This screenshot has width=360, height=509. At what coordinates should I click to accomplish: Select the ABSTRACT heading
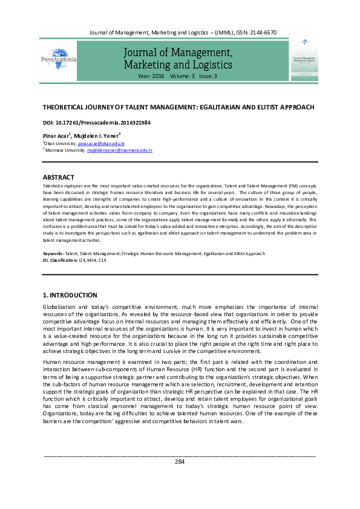[x=58, y=177]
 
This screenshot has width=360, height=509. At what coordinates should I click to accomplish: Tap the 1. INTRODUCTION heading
[x=70, y=295]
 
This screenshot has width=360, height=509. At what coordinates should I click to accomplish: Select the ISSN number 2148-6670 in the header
[x=261, y=31]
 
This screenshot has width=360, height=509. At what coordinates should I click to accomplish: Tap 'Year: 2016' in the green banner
[x=151, y=77]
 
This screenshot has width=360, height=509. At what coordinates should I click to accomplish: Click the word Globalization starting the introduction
[x=63, y=308]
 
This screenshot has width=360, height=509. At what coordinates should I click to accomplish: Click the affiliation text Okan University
[x=61, y=144]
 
